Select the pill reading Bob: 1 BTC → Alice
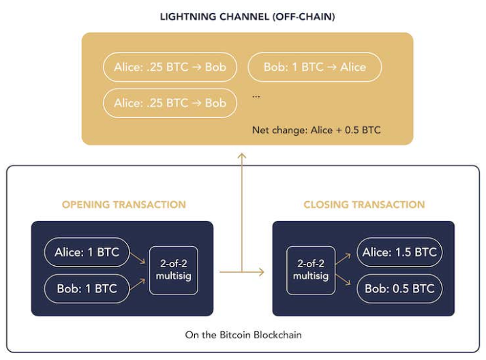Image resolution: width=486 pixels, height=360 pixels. (x=314, y=67)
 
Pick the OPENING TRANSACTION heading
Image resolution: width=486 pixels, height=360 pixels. (x=123, y=205)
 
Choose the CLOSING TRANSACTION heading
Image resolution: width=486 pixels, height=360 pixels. (x=364, y=205)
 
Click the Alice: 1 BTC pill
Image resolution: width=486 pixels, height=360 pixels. (x=87, y=253)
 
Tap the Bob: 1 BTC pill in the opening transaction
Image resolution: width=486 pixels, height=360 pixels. (x=87, y=288)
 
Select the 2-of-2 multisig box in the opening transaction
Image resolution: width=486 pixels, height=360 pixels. (x=174, y=270)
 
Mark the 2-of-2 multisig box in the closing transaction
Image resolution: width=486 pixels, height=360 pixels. (x=311, y=271)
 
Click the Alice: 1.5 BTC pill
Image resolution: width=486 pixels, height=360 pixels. (x=399, y=253)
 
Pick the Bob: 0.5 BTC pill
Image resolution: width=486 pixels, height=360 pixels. (x=399, y=288)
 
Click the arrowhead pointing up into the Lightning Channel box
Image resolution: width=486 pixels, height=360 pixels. (x=241, y=157)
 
